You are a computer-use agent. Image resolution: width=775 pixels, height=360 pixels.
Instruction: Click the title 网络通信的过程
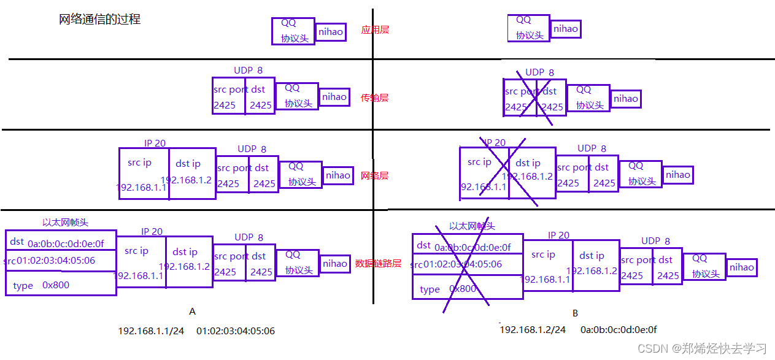pos(99,19)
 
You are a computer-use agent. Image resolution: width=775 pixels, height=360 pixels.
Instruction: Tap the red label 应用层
pos(375,29)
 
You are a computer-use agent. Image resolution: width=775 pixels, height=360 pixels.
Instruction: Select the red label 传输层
pos(374,98)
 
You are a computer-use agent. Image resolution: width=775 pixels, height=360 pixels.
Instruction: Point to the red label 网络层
pos(374,175)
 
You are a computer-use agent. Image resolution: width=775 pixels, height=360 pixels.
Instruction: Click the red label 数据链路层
pos(378,264)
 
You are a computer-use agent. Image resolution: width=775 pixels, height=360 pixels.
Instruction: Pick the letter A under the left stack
pos(192,312)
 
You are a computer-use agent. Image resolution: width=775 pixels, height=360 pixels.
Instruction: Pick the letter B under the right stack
pos(575,313)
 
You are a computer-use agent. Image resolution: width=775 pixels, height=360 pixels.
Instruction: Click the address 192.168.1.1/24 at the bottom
pos(151,331)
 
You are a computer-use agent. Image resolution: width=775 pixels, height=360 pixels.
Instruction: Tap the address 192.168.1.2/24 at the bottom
pos(533,330)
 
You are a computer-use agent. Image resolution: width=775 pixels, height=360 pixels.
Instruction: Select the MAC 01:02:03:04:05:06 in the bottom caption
pos(236,331)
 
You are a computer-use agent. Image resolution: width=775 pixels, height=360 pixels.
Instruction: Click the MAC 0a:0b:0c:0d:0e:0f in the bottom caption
pos(619,330)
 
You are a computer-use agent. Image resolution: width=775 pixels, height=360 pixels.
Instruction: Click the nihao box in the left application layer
pos(331,32)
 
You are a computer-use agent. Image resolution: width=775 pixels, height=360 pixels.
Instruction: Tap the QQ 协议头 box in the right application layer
pos(528,28)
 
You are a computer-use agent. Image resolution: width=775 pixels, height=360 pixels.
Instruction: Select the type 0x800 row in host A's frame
pos(60,285)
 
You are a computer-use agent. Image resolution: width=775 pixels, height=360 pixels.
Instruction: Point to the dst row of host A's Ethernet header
pos(60,241)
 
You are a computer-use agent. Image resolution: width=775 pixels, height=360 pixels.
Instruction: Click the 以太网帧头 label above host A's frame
pos(69,223)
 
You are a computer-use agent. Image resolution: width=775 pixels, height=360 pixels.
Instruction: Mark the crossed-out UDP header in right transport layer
pos(534,97)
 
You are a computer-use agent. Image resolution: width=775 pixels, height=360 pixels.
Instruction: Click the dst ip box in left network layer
pos(192,173)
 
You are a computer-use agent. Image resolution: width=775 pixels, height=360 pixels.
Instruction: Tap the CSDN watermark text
pos(702,349)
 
